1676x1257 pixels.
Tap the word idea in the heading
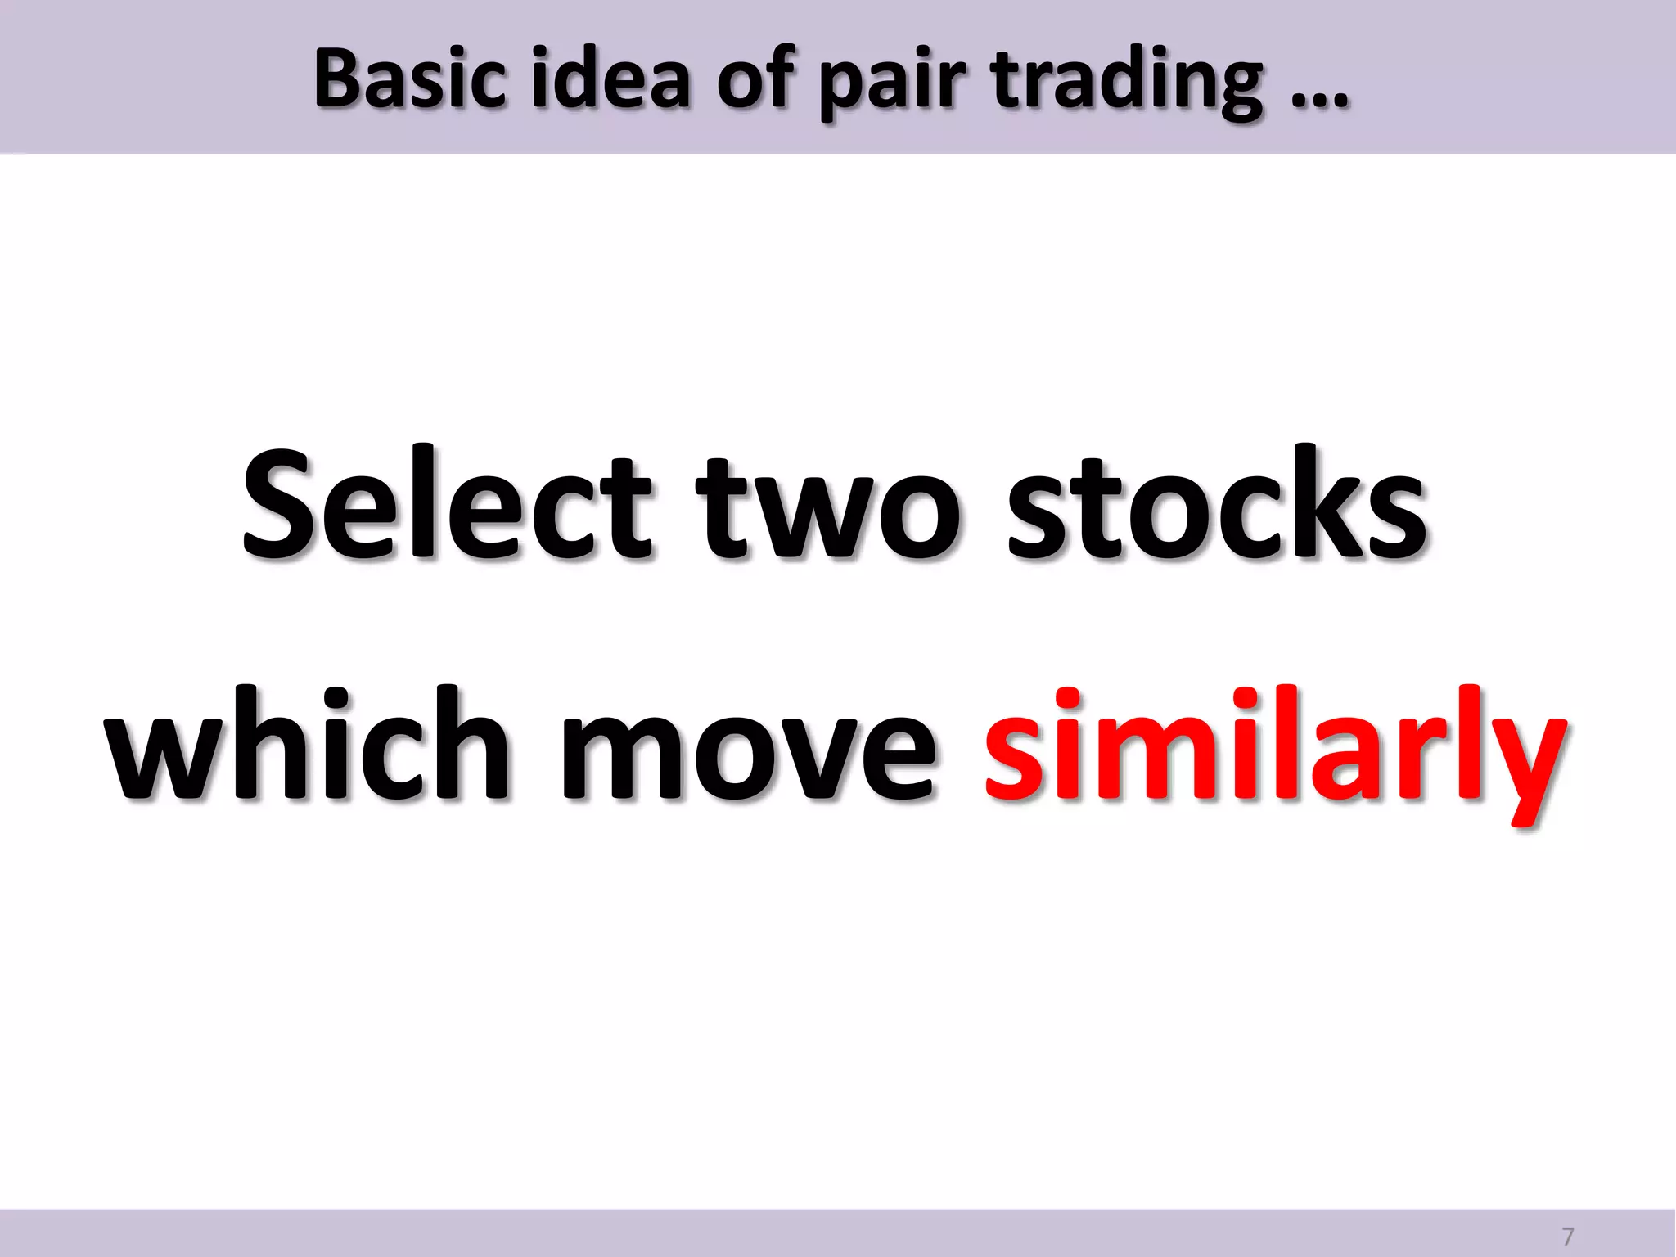(x=610, y=79)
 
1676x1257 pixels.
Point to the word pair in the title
(x=893, y=82)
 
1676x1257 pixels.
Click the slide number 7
(x=1567, y=1236)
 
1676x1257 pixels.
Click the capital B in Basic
(x=340, y=79)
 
